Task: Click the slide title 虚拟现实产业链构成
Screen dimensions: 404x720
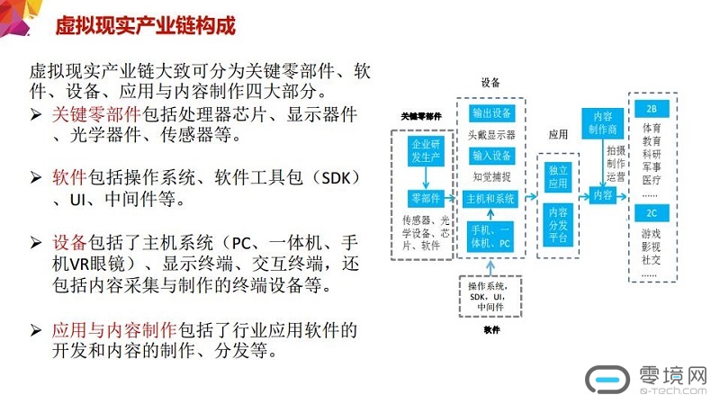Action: (145, 24)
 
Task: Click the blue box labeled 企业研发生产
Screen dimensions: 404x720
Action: (424, 151)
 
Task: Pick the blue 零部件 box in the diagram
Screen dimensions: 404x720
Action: (424, 198)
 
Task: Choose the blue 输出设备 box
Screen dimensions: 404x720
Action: (491, 113)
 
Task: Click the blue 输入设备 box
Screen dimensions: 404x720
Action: (491, 156)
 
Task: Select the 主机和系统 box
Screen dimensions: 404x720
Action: (491, 198)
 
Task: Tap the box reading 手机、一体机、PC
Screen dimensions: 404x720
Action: (491, 237)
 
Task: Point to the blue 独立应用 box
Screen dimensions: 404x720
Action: (558, 177)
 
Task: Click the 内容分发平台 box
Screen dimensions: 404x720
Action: (558, 224)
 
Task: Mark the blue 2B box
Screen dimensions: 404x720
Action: (652, 108)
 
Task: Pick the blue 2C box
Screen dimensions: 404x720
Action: (652, 213)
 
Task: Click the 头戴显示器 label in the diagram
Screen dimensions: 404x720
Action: (491, 135)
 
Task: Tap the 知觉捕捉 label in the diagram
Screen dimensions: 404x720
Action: (491, 176)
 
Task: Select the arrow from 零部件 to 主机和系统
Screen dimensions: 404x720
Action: (454, 198)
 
